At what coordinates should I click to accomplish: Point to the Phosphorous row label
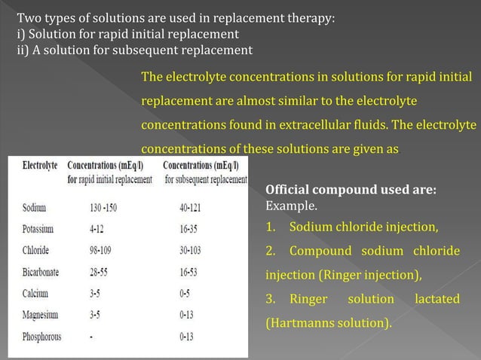42,337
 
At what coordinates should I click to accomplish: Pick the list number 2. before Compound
272,250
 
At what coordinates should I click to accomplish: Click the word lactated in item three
437,299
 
